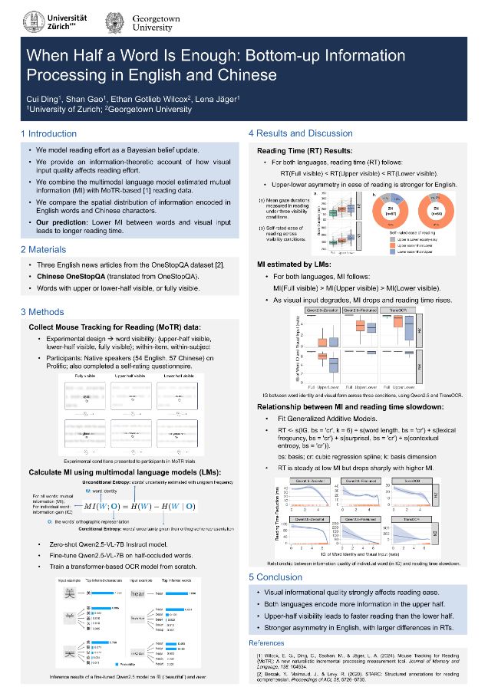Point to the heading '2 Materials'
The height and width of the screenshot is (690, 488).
point(44,249)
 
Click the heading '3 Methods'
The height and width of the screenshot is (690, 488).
point(42,311)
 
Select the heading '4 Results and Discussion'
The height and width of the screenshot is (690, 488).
point(300,133)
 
